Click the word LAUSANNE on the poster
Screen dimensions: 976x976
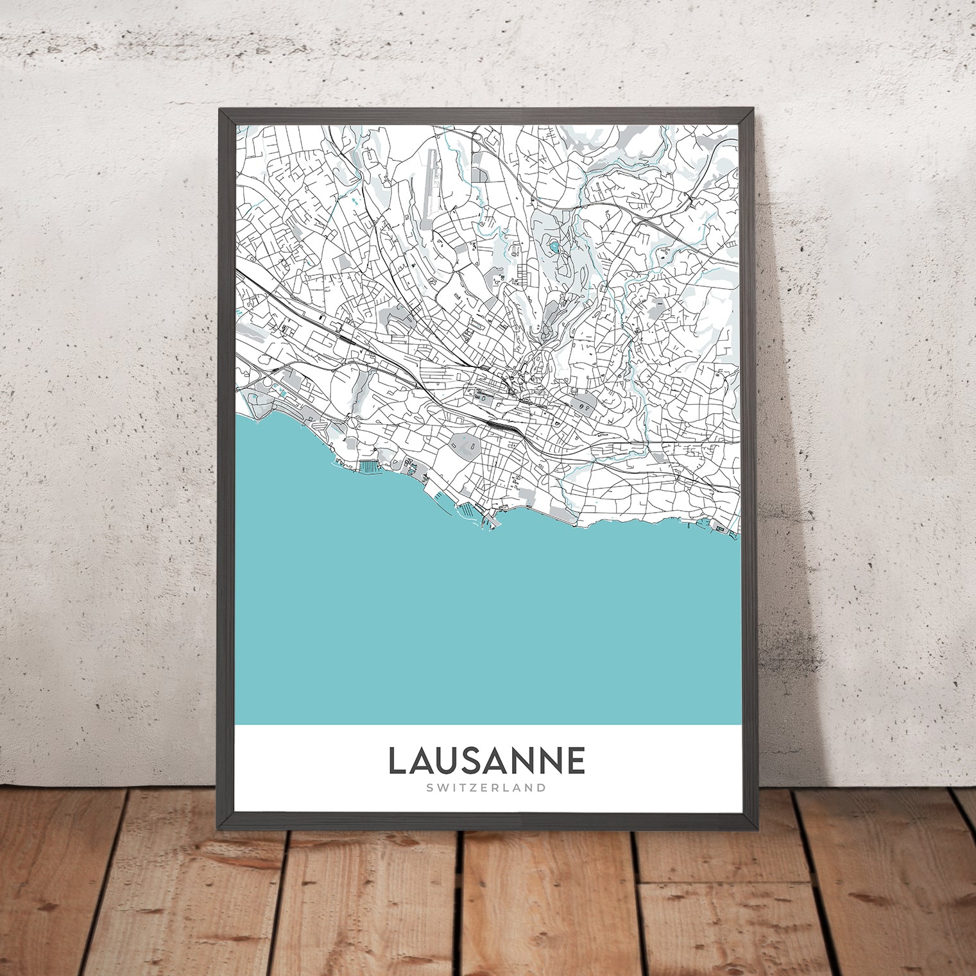(486, 760)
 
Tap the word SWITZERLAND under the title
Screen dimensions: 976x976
(486, 787)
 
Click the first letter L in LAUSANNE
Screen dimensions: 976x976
(397, 760)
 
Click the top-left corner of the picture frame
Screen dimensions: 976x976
(220, 110)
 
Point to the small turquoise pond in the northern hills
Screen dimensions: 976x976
(554, 246)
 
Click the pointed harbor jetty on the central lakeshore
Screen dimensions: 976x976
(486, 523)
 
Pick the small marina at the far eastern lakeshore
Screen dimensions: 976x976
(719, 528)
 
